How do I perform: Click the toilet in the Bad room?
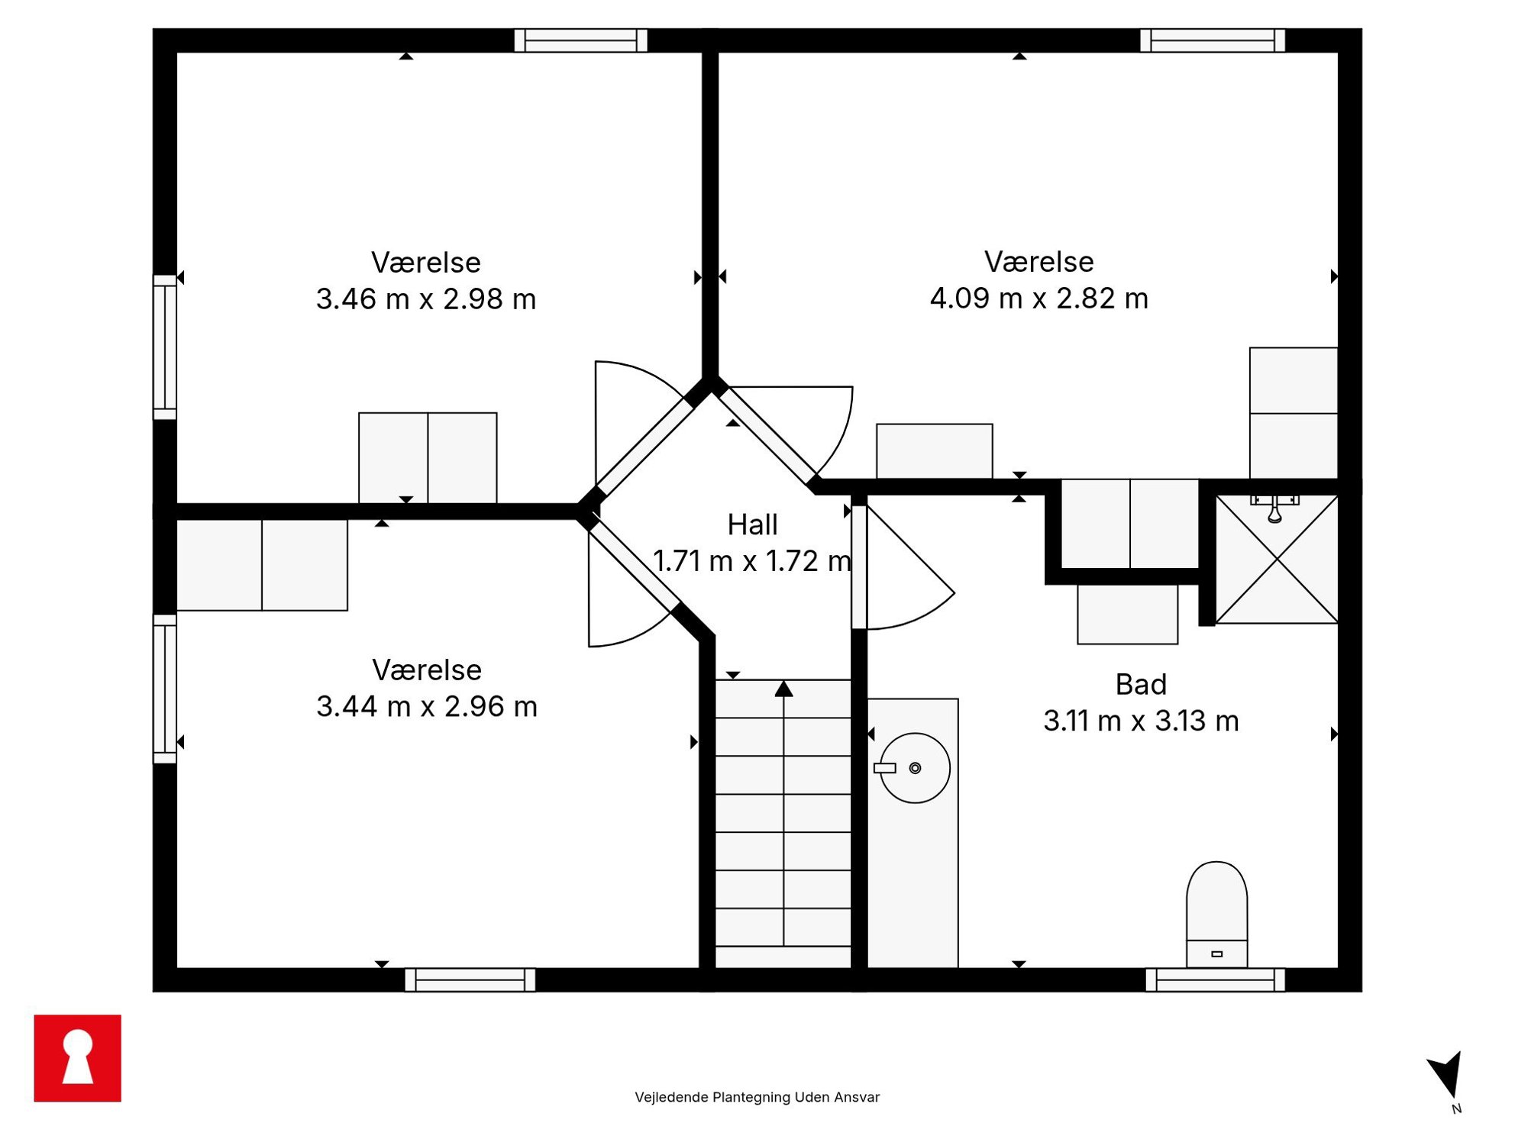coord(1216,915)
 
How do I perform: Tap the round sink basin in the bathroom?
coord(915,768)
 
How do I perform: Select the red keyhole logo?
coord(77,1058)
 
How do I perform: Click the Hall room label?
coord(752,524)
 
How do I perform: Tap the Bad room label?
coord(1141,684)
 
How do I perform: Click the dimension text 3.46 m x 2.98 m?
coord(426,299)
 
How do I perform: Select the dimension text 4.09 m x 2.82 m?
coord(1039,298)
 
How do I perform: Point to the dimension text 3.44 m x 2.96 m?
coord(427,706)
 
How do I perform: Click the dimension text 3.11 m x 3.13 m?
coord(1141,720)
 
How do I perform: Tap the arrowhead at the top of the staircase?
coord(783,689)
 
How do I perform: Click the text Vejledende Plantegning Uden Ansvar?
coord(757,1097)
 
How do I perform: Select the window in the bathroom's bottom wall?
coord(1216,979)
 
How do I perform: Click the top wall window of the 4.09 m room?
coord(1213,40)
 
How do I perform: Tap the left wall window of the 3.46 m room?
coord(165,347)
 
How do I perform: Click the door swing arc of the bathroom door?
coord(920,615)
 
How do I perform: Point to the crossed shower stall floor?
coord(1277,560)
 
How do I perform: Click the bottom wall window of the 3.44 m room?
coord(470,979)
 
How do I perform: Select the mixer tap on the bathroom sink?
coord(884,768)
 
